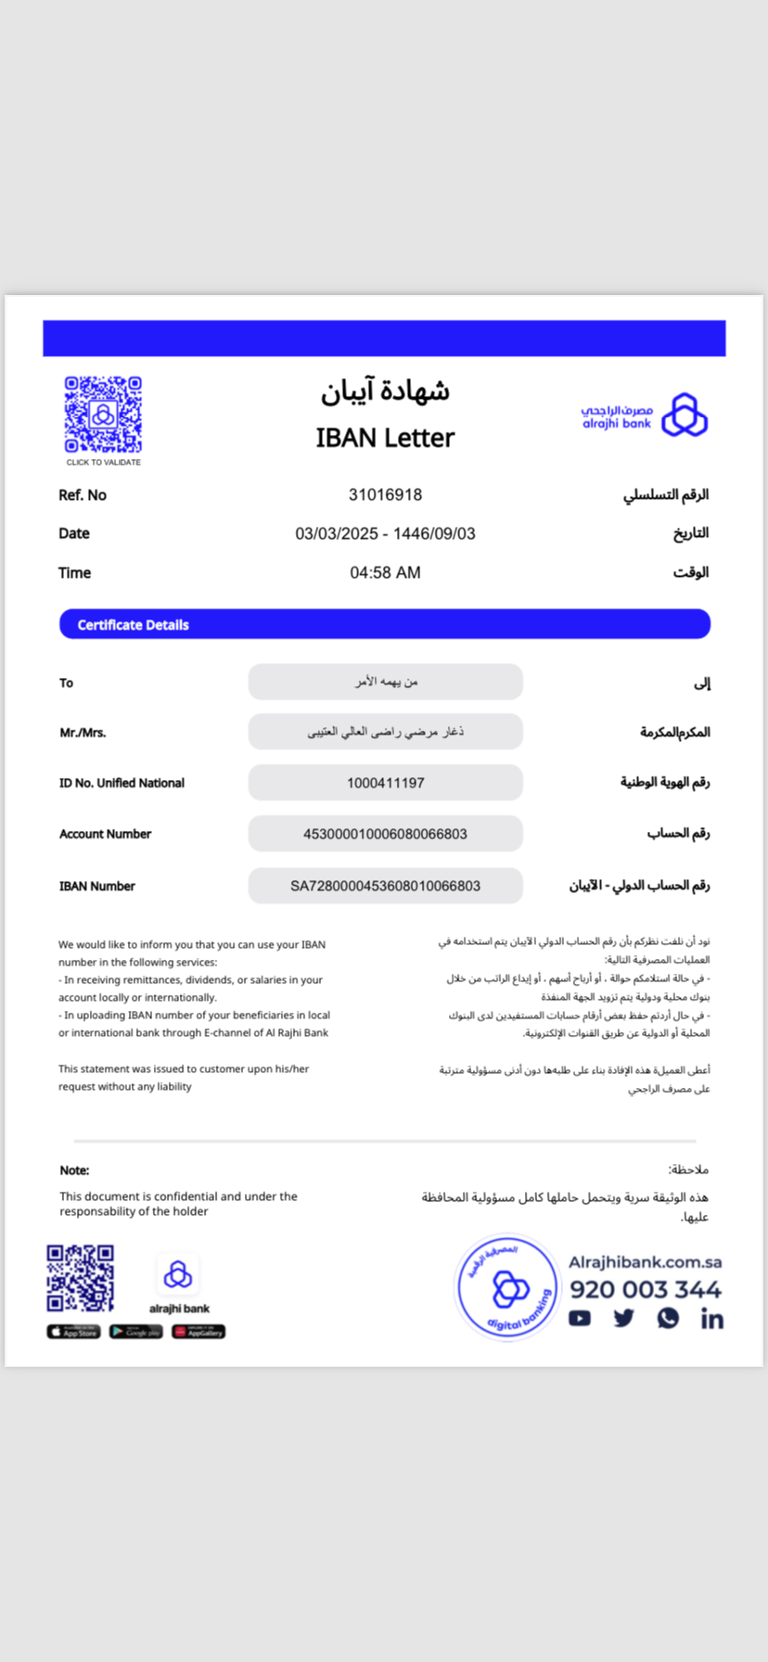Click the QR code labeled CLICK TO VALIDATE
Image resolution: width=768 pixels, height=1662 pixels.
103,415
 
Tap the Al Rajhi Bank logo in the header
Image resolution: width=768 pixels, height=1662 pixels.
645,415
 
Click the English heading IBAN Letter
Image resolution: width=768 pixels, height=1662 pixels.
385,438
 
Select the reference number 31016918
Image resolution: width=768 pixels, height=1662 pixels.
385,495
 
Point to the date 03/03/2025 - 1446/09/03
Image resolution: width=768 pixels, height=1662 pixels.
385,533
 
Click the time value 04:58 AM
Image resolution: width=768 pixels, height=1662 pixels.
385,573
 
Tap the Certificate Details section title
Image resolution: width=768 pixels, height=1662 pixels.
133,625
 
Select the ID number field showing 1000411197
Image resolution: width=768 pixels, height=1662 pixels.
385,783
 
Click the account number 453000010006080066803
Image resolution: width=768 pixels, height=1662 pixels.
385,834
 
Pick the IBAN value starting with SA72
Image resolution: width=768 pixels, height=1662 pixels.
385,886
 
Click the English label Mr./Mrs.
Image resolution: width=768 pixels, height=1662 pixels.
83,733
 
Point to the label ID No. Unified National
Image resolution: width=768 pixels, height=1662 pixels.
122,783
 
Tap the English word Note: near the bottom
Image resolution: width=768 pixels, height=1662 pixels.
74,1170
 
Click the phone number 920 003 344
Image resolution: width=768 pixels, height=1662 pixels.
646,1289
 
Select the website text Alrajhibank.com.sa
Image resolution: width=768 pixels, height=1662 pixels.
645,1262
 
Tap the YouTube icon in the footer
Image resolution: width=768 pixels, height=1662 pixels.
580,1318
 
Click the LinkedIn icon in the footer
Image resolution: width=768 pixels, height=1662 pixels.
711,1319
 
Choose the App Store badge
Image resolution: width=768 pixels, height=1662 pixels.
73,1332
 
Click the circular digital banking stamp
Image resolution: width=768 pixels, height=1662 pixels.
508,1287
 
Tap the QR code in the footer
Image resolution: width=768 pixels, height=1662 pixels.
81,1278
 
